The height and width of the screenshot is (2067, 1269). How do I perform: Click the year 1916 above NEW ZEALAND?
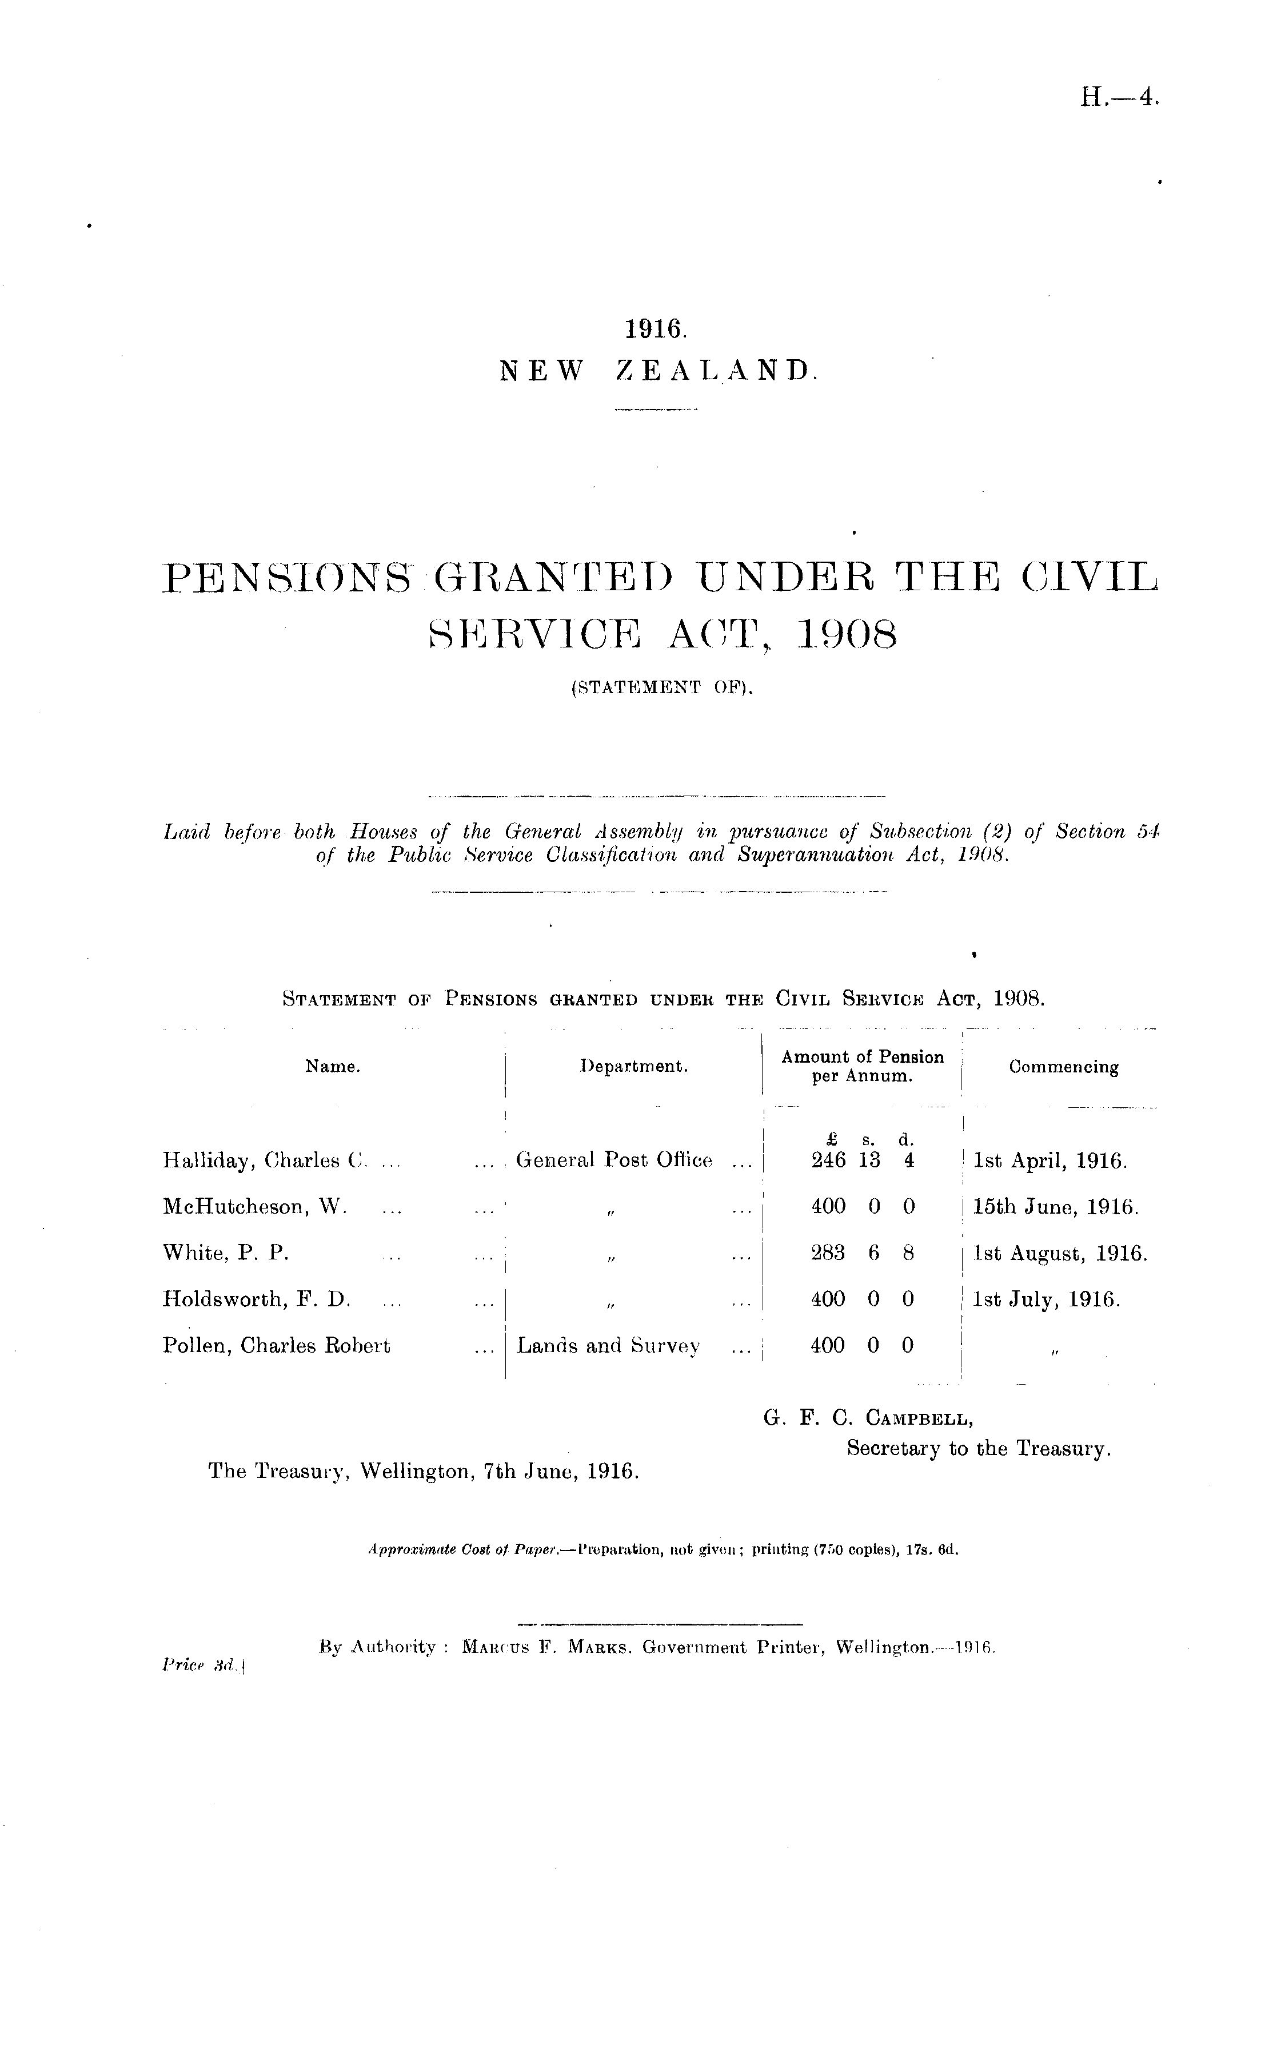pyautogui.click(x=656, y=328)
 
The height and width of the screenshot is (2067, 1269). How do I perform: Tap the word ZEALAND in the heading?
pyautogui.click(x=716, y=370)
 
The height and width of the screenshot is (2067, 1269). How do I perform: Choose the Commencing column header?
pyautogui.click(x=1063, y=1067)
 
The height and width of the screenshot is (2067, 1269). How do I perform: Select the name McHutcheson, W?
pyautogui.click(x=254, y=1207)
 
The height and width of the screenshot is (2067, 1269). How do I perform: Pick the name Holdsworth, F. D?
pyautogui.click(x=256, y=1299)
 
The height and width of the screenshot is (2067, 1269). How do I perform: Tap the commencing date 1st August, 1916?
pyautogui.click(x=1059, y=1254)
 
